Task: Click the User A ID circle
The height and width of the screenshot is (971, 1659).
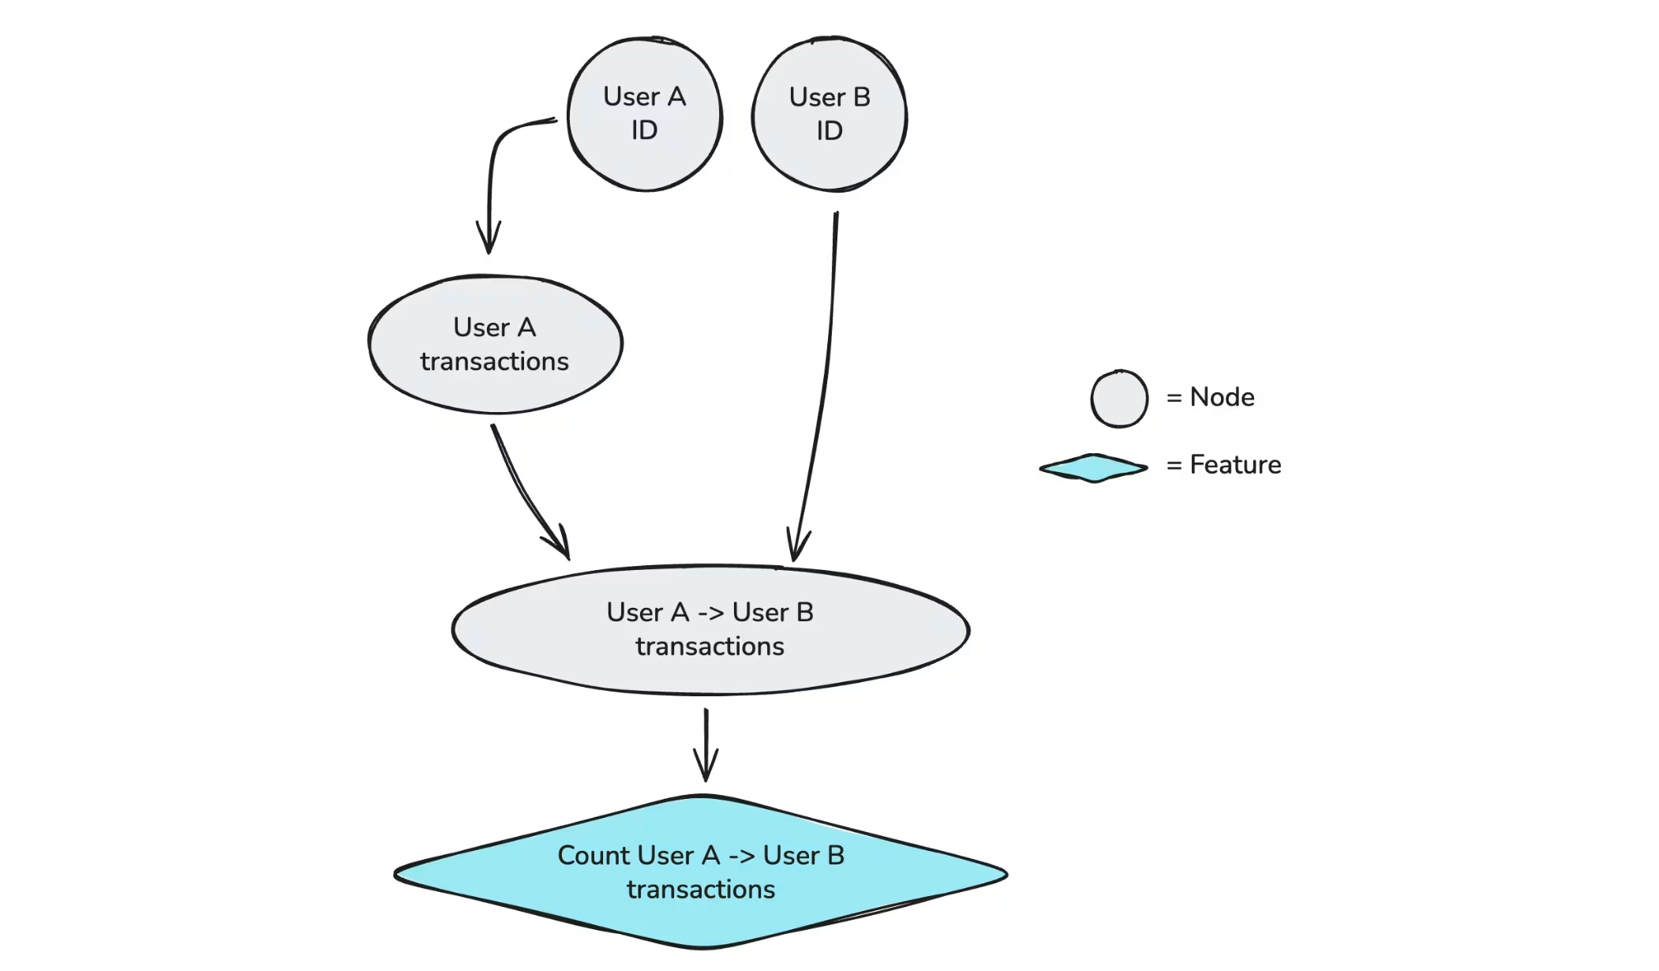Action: click(645, 114)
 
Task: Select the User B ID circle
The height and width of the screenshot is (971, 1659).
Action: click(829, 114)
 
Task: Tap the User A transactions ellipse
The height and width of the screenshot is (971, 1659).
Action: click(496, 344)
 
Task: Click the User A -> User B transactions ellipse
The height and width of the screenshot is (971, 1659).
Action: click(710, 630)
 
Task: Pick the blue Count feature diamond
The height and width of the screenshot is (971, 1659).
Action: click(701, 872)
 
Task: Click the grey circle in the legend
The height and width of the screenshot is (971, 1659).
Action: click(1119, 399)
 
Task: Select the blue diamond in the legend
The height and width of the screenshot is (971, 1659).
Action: click(1094, 467)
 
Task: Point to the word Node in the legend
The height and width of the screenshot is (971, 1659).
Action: click(1222, 397)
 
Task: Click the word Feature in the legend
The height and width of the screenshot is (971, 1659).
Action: click(1235, 465)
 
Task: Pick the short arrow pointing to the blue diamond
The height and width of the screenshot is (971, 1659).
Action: click(706, 745)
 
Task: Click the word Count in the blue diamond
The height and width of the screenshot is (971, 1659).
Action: click(594, 855)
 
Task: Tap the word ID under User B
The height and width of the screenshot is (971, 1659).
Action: click(829, 131)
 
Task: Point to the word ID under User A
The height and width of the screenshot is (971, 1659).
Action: click(644, 130)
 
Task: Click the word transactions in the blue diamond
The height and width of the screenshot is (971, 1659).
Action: click(701, 890)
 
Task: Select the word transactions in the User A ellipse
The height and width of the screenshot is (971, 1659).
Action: click(494, 362)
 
